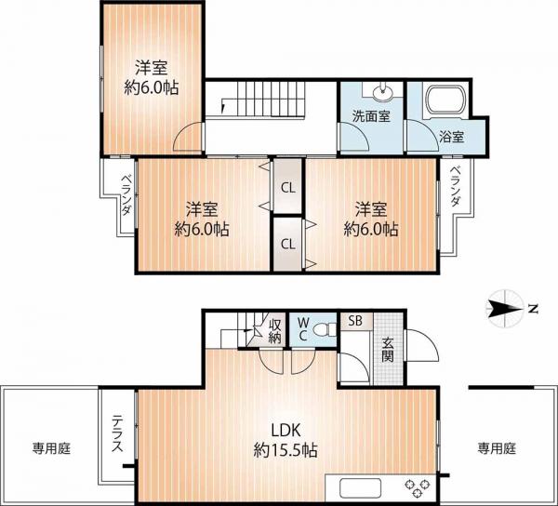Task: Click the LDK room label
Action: coord(286,431)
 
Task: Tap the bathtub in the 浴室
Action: coord(446,100)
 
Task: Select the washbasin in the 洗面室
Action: coord(383,92)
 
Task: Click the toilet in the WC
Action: coord(327,329)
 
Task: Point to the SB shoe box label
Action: coord(355,321)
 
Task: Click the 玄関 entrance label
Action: coord(388,349)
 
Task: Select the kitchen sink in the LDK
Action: coord(360,488)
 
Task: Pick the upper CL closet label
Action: coord(288,188)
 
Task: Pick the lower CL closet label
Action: coord(288,244)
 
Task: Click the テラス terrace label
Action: coord(117,433)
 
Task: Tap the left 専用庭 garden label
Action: coord(51,448)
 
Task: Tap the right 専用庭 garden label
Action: coord(497,448)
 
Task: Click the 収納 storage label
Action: coord(274,331)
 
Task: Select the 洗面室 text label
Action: coord(371,116)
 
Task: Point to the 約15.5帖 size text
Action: coord(286,451)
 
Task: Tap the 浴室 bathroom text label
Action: coord(452,137)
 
